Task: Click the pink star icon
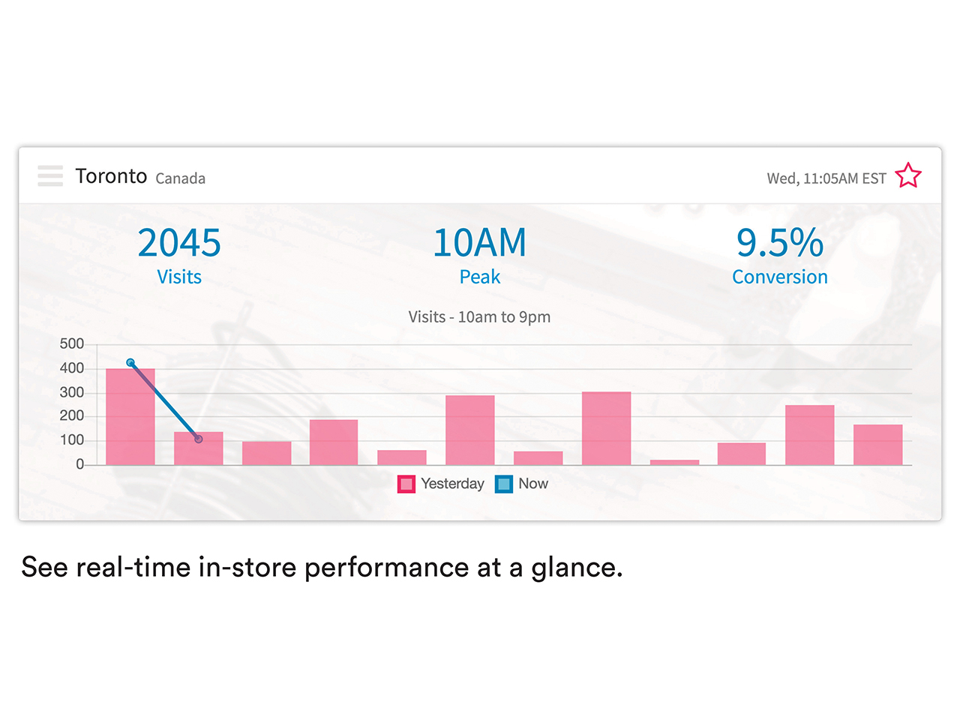tap(908, 175)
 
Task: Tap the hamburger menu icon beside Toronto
tap(50, 175)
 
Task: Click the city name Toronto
tap(111, 175)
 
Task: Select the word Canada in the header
tap(180, 178)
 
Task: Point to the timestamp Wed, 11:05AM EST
tap(826, 178)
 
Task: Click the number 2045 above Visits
tap(179, 242)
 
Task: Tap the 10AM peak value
tap(479, 242)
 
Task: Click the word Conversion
tap(780, 277)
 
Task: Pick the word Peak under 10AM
tap(479, 277)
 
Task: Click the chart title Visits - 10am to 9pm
tap(479, 316)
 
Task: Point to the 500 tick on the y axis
tap(72, 343)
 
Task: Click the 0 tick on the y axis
tap(80, 464)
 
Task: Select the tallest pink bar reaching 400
tap(130, 417)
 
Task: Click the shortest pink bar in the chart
tap(674, 462)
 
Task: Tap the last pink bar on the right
tap(877, 445)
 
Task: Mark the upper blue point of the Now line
tap(130, 362)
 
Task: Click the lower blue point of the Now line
tap(199, 439)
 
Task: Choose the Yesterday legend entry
tap(441, 484)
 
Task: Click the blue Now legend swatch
tap(504, 484)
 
